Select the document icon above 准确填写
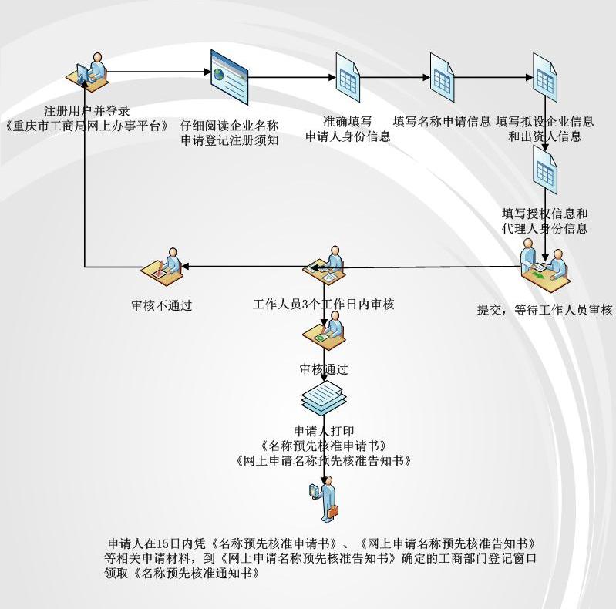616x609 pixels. tap(347, 76)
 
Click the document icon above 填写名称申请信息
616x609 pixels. tap(442, 77)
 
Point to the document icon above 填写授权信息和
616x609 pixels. tap(545, 167)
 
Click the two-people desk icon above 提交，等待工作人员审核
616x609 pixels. tap(544, 265)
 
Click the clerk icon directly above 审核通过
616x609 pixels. tap(325, 332)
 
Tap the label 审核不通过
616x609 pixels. tap(161, 306)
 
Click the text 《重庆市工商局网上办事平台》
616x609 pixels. tap(86, 126)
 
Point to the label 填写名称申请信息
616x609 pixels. tap(442, 122)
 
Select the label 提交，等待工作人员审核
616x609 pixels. tap(544, 310)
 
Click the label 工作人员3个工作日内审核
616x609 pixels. tap(324, 304)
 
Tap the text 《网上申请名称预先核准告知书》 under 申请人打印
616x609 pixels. tap(324, 461)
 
